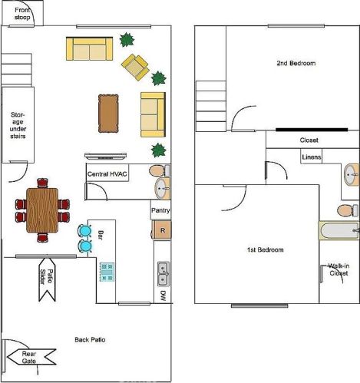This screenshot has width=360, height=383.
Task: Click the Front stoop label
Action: tap(22, 14)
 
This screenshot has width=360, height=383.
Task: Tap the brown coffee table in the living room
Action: tap(108, 114)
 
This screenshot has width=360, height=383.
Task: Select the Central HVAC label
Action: tap(107, 174)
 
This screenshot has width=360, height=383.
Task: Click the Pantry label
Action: tap(160, 210)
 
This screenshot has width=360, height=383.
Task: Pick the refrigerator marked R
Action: tap(162, 230)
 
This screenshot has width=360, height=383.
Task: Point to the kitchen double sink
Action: tap(163, 274)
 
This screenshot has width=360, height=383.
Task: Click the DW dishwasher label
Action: tap(163, 296)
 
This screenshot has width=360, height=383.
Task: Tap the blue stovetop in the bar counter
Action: tap(107, 272)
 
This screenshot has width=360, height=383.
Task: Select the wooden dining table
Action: tap(42, 210)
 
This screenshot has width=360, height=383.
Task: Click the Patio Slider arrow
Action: tap(47, 279)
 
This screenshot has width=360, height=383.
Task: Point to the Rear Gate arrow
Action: tap(31, 357)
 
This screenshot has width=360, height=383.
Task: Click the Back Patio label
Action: tap(90, 339)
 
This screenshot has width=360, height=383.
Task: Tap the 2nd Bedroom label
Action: tap(296, 63)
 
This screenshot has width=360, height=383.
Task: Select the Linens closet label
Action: tap(312, 157)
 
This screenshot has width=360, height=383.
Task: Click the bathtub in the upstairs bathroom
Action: tap(339, 230)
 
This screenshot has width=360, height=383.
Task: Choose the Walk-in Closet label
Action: tap(339, 269)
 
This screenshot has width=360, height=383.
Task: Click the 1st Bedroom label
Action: tap(265, 249)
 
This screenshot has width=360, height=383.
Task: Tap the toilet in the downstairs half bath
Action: tap(160, 170)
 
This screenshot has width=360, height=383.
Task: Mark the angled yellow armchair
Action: tap(135, 68)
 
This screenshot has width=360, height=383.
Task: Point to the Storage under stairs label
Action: tap(18, 125)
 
